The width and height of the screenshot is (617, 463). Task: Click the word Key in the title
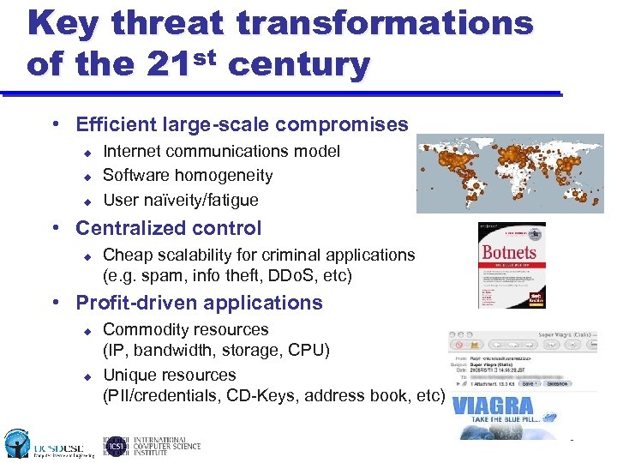[63, 23]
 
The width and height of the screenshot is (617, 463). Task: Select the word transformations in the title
[385, 23]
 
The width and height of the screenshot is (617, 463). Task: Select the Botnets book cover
[511, 265]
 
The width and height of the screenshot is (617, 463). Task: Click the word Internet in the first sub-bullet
[134, 151]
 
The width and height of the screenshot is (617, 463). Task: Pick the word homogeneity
[225, 176]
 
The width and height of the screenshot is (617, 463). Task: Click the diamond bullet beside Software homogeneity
[86, 177]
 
